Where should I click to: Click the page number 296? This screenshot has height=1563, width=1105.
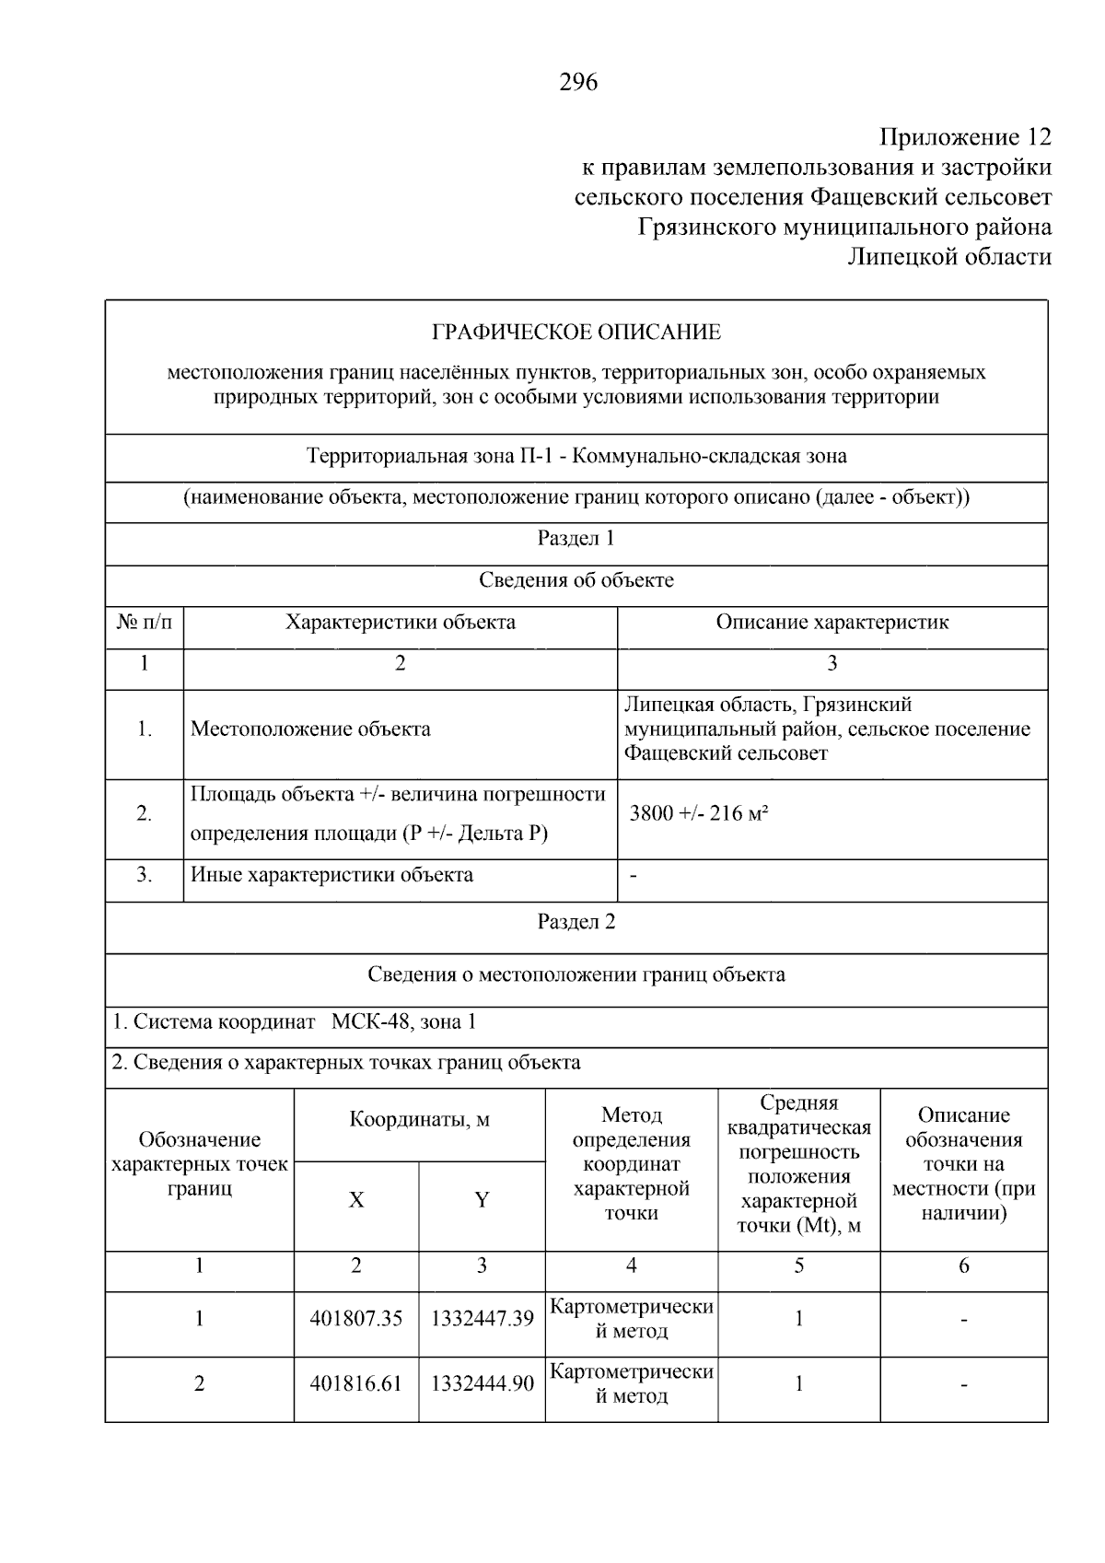(578, 83)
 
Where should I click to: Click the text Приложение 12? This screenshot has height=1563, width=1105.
(964, 137)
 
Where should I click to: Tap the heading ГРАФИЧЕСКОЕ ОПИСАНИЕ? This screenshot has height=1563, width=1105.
(576, 332)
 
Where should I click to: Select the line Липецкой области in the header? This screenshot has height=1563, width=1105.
(949, 257)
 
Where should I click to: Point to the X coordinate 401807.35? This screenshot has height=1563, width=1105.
(356, 1319)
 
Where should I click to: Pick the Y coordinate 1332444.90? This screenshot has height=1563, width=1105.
(482, 1383)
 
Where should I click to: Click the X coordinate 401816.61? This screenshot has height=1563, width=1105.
(356, 1383)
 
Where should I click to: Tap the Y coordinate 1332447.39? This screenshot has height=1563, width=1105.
(482, 1319)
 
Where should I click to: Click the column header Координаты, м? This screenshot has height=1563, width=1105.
(419, 1120)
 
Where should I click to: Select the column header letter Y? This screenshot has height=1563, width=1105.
(482, 1200)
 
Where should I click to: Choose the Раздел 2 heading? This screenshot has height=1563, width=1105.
(576, 922)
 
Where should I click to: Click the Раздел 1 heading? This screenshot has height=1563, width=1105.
(576, 538)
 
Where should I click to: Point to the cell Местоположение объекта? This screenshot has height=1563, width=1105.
(310, 729)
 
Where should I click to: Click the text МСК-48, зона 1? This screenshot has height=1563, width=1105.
(404, 1021)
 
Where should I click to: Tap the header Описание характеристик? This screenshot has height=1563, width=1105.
(832, 622)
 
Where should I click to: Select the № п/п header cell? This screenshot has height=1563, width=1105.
(145, 622)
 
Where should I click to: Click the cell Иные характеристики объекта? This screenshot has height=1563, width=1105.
(331, 875)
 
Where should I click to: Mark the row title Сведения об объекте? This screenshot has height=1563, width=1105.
(576, 580)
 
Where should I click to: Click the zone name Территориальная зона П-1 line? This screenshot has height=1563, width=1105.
(576, 456)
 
